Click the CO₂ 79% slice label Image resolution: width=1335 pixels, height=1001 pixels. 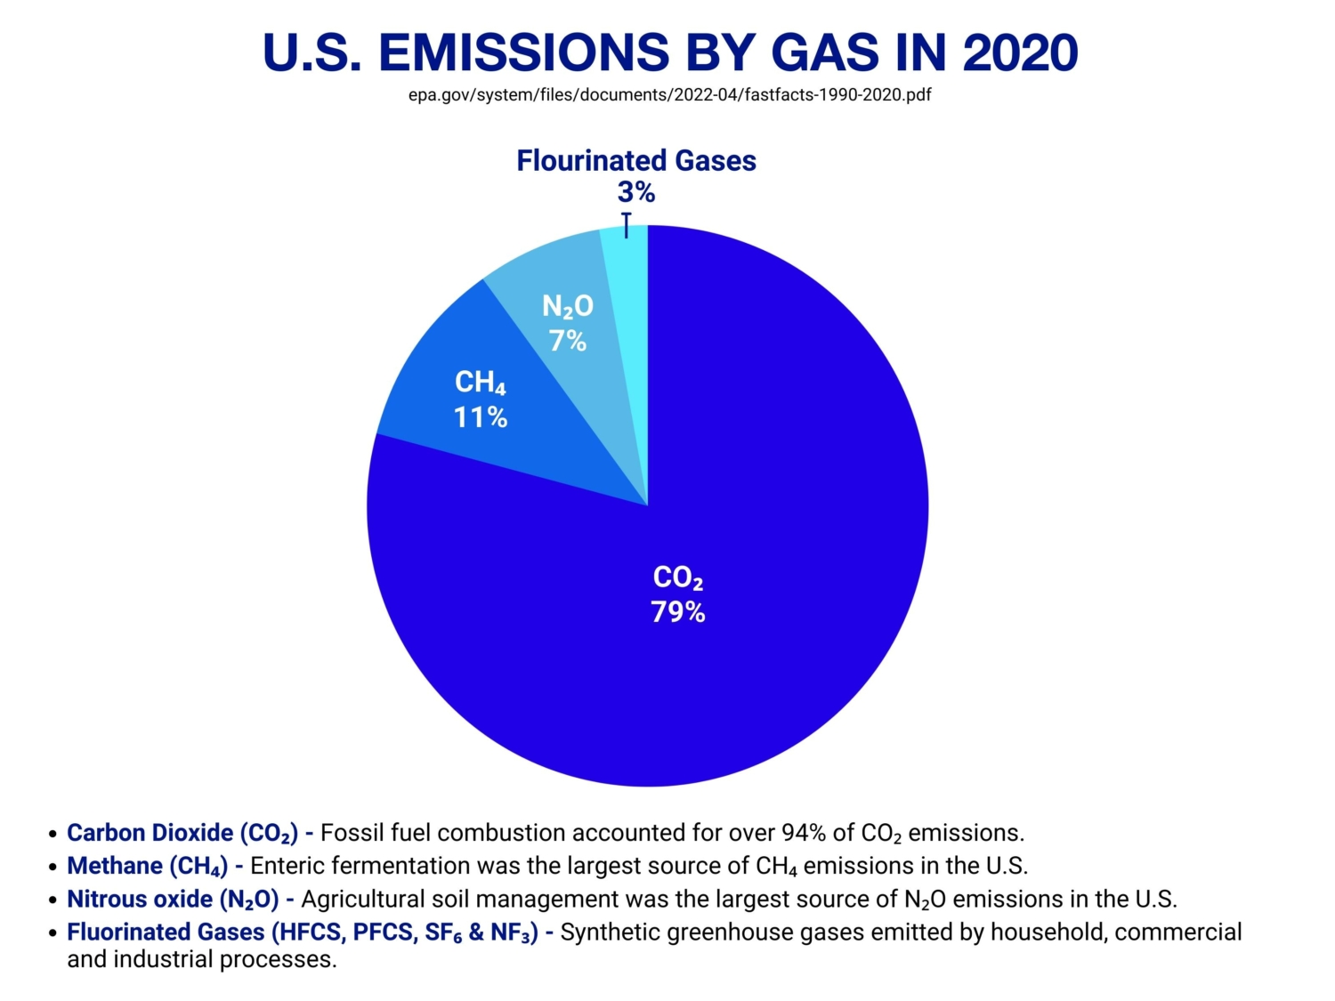[x=678, y=594]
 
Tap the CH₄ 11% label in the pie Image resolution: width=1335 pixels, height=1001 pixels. [x=481, y=400]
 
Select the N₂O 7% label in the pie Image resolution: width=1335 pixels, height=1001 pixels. [x=568, y=323]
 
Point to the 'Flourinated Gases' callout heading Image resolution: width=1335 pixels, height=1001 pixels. [x=636, y=161]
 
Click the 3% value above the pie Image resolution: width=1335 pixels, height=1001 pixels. [x=636, y=192]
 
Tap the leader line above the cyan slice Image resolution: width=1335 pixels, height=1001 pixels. [x=627, y=225]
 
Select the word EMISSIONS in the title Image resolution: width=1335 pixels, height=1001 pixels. [x=523, y=52]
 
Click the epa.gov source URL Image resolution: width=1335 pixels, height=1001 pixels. [x=669, y=95]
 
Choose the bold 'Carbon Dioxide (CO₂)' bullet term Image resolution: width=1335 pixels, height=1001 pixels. [x=182, y=834]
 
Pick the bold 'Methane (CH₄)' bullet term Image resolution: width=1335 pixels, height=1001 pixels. [x=147, y=867]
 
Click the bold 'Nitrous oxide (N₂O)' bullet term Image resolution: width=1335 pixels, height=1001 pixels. [x=173, y=900]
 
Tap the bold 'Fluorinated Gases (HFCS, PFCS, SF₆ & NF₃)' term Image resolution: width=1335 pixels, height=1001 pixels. [x=303, y=932]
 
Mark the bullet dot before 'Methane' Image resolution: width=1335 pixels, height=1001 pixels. [x=53, y=868]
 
